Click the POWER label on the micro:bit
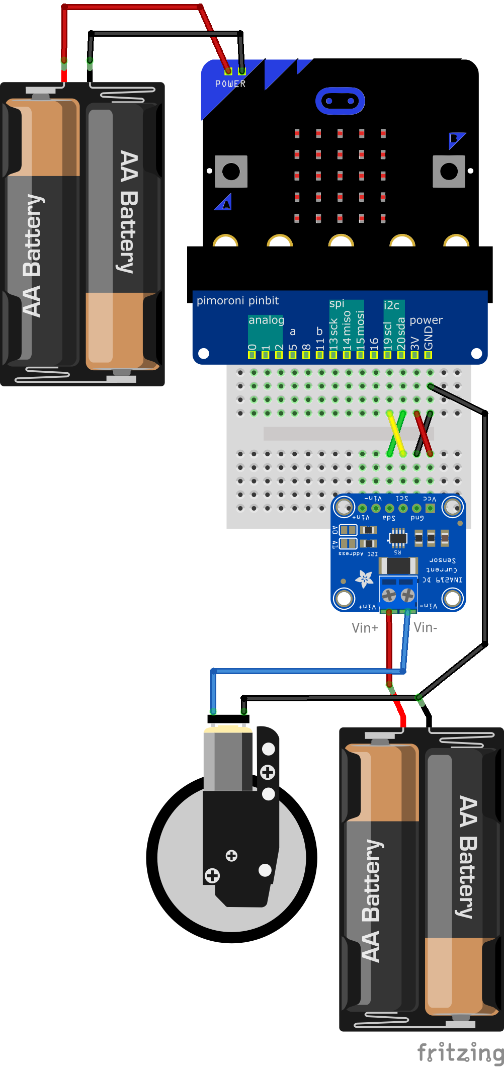pos(230,84)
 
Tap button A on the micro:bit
pos(231,172)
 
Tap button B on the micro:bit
pos(449,172)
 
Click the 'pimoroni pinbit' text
pos(237,301)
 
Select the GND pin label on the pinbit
pos(428,338)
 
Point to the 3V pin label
pos(414,343)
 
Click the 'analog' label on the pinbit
pos(266,320)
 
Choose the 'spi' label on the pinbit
pos(337,303)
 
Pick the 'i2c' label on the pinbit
pos(391,305)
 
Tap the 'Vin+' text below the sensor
pos(365,628)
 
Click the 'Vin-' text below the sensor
pos(426,627)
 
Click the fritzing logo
pos(460,1052)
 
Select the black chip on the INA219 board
pos(398,538)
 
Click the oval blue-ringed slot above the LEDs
pos(340,101)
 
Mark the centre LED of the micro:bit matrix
pos(340,176)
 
